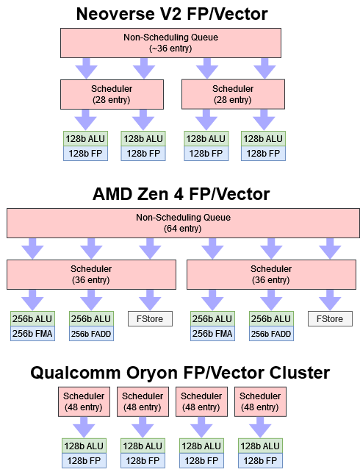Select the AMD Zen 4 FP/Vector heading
tap(180, 194)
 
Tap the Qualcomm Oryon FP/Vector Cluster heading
tap(180, 373)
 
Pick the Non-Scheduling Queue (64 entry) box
tap(183, 223)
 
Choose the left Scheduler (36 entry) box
tap(91, 274)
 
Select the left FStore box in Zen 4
tap(150, 319)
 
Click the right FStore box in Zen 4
tap(329, 319)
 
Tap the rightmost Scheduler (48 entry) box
tap(260, 401)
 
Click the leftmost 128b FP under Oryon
tap(84, 460)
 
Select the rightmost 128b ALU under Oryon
tap(260, 446)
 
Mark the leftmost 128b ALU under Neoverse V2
tap(85, 138)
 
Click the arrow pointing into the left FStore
tap(150, 299)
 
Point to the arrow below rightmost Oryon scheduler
tap(260, 426)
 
